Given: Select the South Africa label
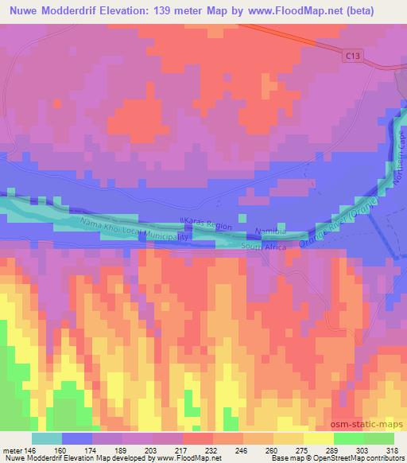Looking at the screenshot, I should tap(265, 247).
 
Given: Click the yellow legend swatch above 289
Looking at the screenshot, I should tap(317, 438).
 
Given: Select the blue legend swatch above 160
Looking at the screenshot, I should tap(77, 438).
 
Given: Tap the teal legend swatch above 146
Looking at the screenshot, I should tap(47, 438).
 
